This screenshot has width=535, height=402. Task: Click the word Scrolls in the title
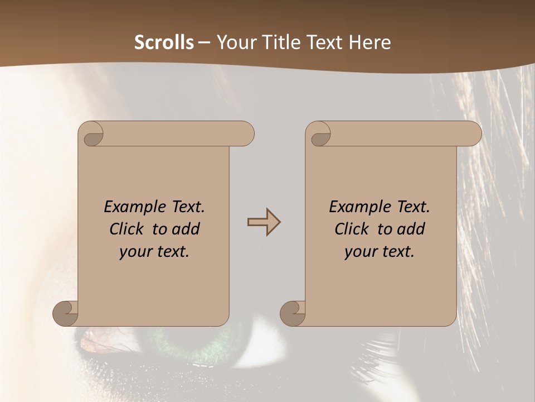(164, 42)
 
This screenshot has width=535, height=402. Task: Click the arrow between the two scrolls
(264, 222)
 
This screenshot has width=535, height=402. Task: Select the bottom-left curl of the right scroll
(293, 313)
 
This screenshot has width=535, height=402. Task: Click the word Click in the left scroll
(126, 229)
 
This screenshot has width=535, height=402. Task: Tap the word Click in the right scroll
(351, 229)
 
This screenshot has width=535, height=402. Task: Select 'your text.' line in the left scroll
(154, 252)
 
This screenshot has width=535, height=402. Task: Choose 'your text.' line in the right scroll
(380, 252)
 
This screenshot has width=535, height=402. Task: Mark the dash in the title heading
(205, 42)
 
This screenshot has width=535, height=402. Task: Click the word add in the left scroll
(186, 229)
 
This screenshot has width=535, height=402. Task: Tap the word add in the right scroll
(411, 229)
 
